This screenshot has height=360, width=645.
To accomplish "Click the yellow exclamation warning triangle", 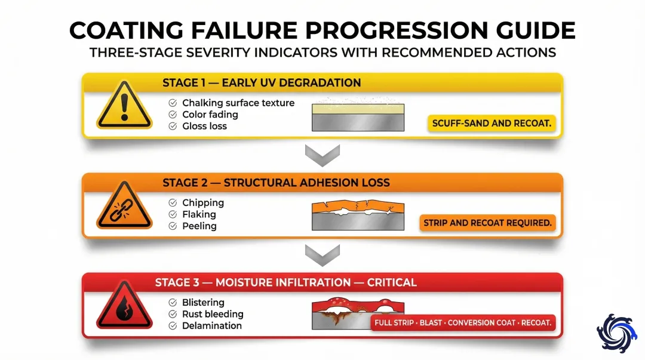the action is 124,106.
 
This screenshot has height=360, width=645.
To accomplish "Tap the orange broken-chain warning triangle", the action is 124,206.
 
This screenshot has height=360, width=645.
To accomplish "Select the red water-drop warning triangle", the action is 124,306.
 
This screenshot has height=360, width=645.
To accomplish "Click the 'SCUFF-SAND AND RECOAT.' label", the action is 492,124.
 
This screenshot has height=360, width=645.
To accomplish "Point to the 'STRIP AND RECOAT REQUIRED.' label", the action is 487,223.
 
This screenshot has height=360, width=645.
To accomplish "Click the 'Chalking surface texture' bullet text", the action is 238,103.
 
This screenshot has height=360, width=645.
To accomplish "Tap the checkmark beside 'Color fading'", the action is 173,115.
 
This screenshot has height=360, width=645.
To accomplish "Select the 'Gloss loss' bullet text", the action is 204,126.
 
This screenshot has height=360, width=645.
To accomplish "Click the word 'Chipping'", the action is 203,203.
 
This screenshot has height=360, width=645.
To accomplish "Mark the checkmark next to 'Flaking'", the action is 173,214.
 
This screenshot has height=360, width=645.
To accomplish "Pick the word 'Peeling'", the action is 199,226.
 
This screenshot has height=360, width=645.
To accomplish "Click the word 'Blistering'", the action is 203,303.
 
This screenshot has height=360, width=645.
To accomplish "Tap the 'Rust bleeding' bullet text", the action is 213,314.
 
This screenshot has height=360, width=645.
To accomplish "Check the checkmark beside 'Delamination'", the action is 173,326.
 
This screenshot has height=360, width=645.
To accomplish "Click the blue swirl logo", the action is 616,333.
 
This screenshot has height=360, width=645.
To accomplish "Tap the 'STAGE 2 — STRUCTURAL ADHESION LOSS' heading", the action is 276,183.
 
